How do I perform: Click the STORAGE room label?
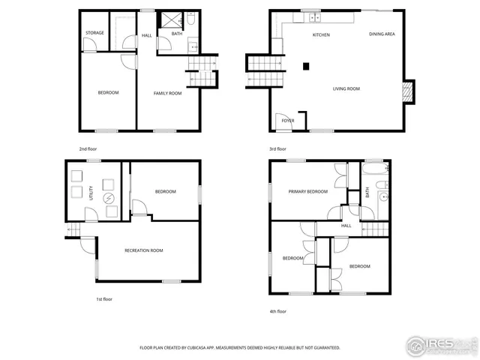coord(94,33)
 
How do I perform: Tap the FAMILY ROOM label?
coord(168,93)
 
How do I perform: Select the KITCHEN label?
coord(322,35)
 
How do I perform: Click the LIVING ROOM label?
coord(346,88)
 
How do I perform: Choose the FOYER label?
coord(287,120)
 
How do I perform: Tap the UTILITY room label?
coord(91,192)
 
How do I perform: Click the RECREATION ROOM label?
coord(145,250)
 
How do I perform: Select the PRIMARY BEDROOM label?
coord(308,191)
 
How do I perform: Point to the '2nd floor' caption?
coord(88,148)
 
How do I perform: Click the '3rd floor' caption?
coord(277,148)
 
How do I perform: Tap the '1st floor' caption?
coord(104,299)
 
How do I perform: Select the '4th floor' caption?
coord(277,310)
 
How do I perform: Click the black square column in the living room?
coord(305,66)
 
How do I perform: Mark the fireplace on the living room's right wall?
coord(408,91)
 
